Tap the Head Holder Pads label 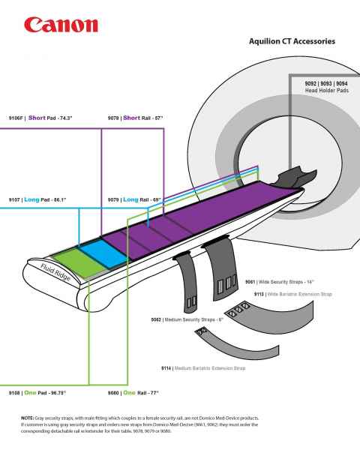[325, 87]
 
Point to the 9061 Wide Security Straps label [279, 282]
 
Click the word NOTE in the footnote [29, 417]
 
